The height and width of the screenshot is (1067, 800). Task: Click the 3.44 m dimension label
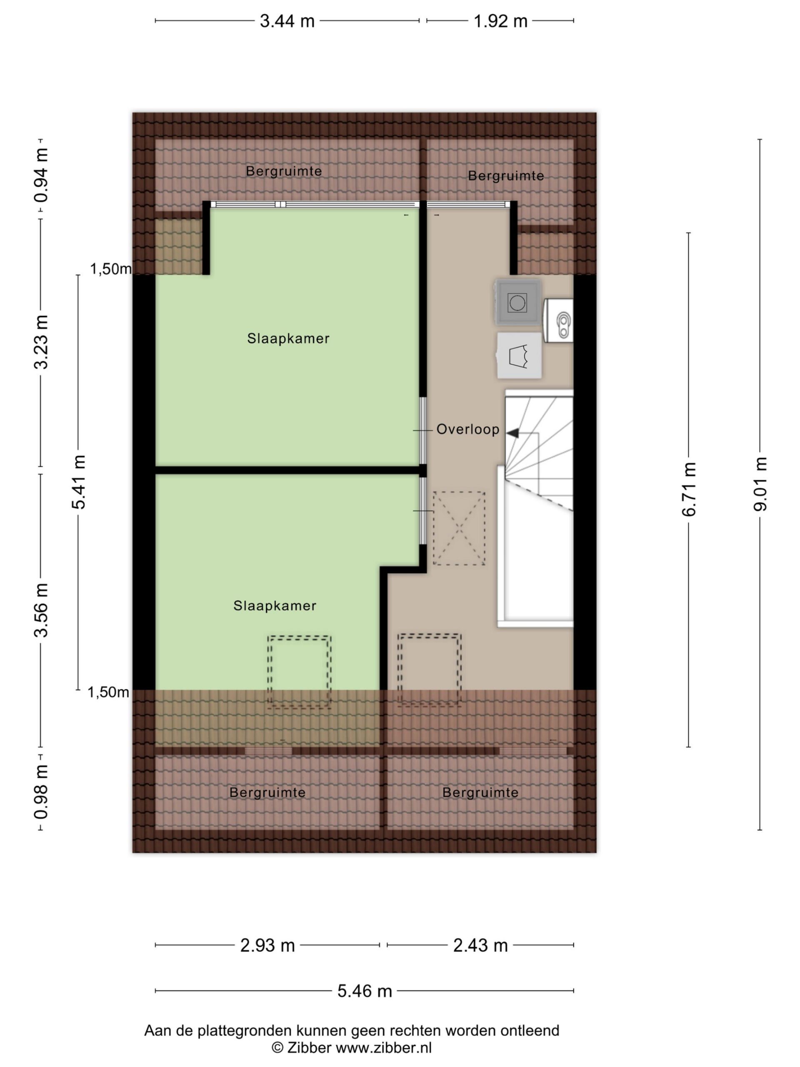pyautogui.click(x=287, y=21)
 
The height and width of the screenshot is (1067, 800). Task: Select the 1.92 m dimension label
pyautogui.click(x=500, y=21)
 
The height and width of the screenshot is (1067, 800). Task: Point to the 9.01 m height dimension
pyautogui.click(x=760, y=483)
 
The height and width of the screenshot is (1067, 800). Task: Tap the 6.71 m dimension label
pyautogui.click(x=689, y=489)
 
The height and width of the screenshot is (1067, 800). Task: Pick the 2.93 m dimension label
pyautogui.click(x=267, y=945)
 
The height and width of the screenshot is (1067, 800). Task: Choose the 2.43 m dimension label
pyautogui.click(x=480, y=945)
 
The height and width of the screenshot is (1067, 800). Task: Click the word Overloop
pyautogui.click(x=468, y=429)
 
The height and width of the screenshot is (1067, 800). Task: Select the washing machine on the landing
pyautogui.click(x=517, y=303)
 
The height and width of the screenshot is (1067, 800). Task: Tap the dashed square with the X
pyautogui.click(x=459, y=528)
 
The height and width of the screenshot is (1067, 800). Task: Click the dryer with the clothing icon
pyautogui.click(x=519, y=356)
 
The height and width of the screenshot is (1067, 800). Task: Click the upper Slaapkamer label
pyautogui.click(x=288, y=338)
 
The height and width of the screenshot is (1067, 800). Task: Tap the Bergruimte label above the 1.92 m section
pyautogui.click(x=506, y=176)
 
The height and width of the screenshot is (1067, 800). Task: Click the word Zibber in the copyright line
pyautogui.click(x=309, y=1048)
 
